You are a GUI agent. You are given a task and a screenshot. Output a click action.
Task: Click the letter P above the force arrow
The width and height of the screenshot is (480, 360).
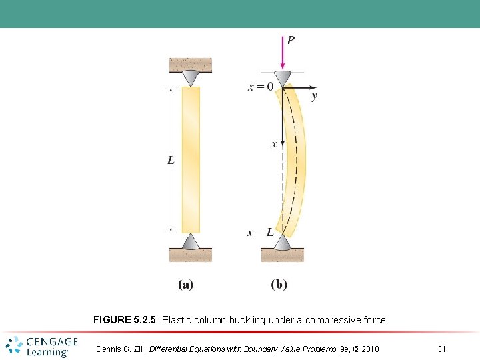(x=291, y=40)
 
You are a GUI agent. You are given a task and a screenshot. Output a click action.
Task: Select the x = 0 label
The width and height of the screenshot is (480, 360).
(x=261, y=87)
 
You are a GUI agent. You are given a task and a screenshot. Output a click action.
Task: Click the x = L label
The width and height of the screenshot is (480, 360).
(x=260, y=232)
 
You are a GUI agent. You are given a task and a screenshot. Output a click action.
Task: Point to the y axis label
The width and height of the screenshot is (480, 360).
(x=314, y=96)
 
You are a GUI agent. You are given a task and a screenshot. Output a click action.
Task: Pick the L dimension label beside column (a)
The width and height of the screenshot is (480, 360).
(x=171, y=160)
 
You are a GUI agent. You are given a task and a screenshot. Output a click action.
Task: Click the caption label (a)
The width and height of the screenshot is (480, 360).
(x=186, y=285)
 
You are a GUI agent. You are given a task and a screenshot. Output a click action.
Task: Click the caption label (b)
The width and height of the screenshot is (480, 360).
(x=279, y=285)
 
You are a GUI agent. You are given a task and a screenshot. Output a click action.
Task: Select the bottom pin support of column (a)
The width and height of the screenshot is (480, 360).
(x=191, y=241)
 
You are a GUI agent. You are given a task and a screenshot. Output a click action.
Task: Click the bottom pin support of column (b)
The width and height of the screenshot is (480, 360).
(x=283, y=242)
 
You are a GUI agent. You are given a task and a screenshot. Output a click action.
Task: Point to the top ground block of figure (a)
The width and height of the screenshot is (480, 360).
(x=191, y=65)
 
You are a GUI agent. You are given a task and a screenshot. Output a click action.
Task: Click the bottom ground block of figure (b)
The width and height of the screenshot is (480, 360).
(x=283, y=255)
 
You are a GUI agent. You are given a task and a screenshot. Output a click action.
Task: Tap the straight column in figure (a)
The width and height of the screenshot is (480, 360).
(x=191, y=160)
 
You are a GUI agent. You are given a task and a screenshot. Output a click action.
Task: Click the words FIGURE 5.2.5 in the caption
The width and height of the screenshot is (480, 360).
(x=125, y=320)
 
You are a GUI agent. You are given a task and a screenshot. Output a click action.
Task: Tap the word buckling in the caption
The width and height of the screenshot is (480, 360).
(x=248, y=320)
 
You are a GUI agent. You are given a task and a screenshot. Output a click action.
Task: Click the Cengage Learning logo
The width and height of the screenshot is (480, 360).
(x=41, y=346)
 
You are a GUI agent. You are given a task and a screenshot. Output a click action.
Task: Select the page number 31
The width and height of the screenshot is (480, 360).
(x=441, y=349)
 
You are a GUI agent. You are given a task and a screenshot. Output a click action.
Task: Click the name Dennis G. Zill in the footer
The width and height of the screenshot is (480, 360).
(x=121, y=349)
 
